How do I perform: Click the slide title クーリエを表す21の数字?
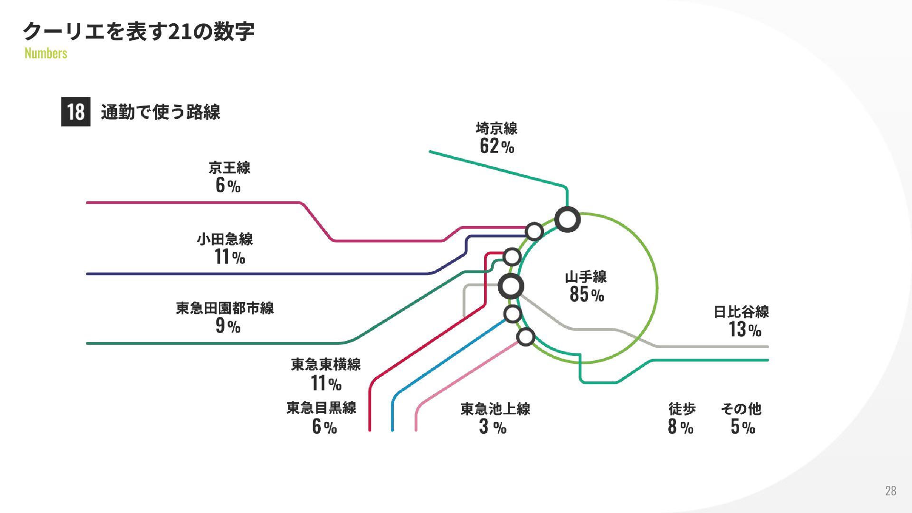[138, 31]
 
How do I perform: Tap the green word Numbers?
[46, 53]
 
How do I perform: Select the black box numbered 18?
[76, 112]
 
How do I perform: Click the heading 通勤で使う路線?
[161, 112]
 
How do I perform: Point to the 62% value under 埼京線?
[496, 146]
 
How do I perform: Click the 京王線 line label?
[229, 168]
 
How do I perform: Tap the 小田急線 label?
[225, 239]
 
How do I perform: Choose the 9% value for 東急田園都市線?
[228, 326]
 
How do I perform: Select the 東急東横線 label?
[325, 364]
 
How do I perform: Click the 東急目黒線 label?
[321, 408]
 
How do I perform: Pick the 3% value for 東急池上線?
[493, 427]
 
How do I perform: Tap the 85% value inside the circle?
[587, 294]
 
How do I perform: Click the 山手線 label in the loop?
[586, 277]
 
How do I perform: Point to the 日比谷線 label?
[741, 312]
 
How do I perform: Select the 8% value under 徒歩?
[680, 427]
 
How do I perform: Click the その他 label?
[741, 408]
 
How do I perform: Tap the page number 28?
[890, 491]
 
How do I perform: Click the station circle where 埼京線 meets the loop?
[567, 220]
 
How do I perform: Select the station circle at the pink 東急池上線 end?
[525, 337]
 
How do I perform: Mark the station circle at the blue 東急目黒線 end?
[513, 314]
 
